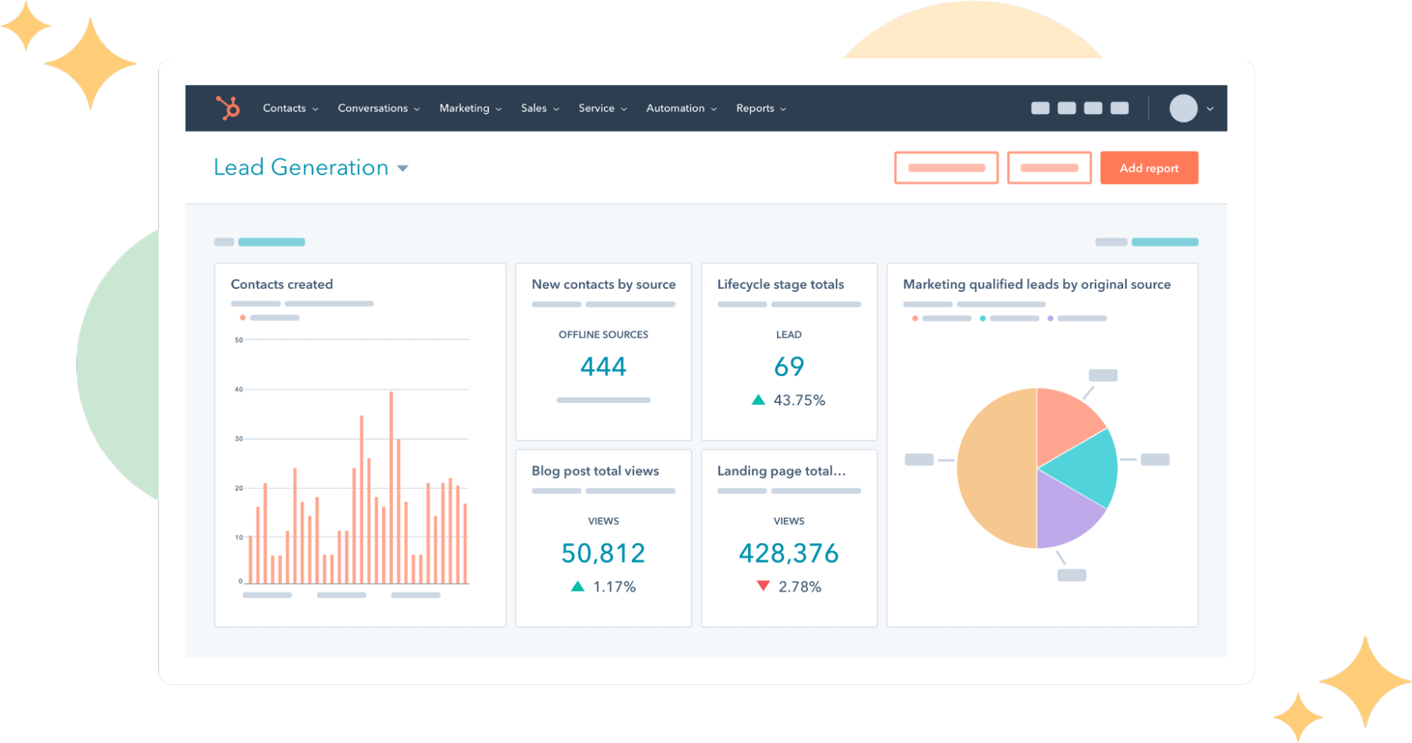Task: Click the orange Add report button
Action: click(x=1149, y=168)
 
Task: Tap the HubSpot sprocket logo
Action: click(x=228, y=108)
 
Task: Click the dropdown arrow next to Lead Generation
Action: click(x=403, y=168)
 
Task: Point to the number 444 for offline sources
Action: click(x=603, y=366)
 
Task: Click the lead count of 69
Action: click(x=789, y=366)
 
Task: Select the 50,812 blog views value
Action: click(x=603, y=553)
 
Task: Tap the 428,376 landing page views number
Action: click(x=788, y=553)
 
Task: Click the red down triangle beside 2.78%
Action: click(x=763, y=586)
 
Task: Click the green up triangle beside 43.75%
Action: click(x=758, y=400)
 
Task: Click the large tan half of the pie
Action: click(x=996, y=468)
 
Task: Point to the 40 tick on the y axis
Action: click(x=239, y=390)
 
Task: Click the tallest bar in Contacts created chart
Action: click(x=391, y=488)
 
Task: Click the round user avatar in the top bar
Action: click(x=1183, y=108)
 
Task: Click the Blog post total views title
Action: click(x=595, y=471)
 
